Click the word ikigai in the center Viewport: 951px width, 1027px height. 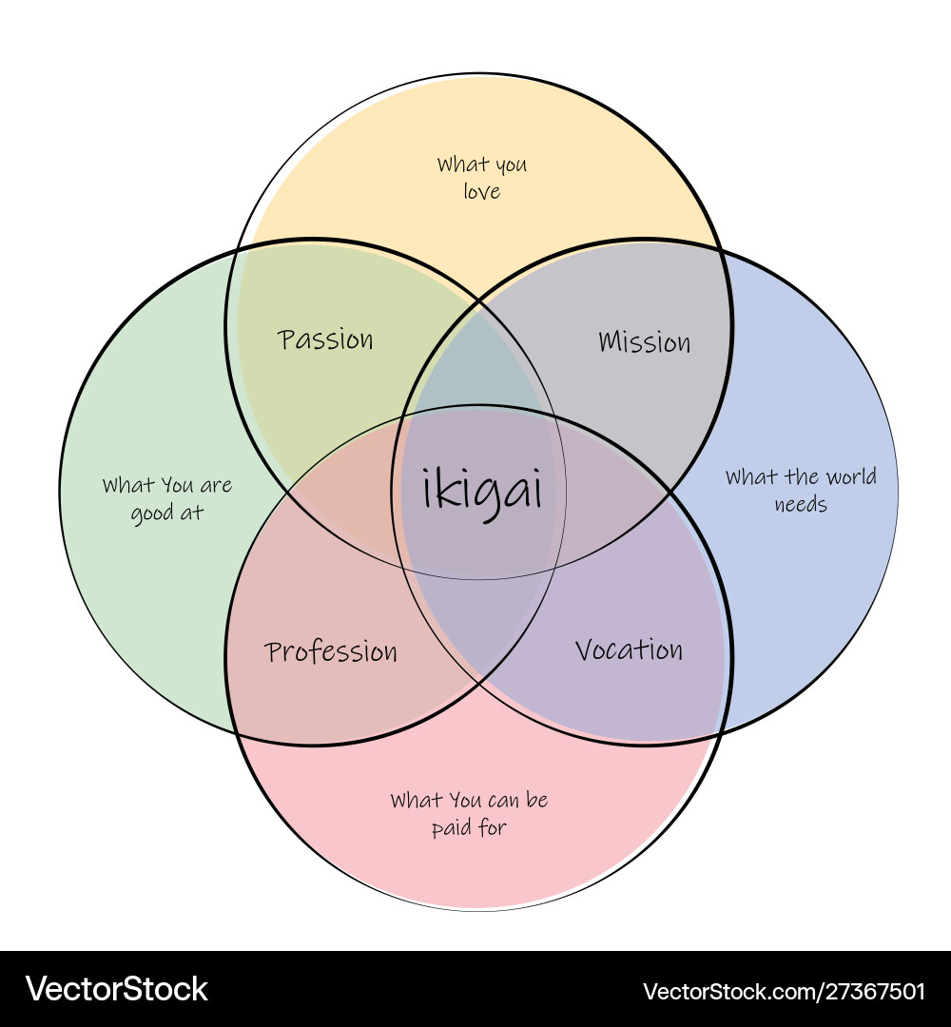click(482, 492)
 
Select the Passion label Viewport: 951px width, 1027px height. click(326, 339)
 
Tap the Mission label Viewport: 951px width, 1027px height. click(645, 341)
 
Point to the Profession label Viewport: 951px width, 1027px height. click(331, 651)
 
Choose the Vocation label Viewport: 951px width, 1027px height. click(629, 650)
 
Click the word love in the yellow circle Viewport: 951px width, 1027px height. click(481, 191)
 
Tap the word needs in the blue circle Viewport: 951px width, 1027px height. click(801, 504)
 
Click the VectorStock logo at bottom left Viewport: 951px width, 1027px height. click(116, 989)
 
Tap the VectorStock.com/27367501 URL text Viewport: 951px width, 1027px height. click(784, 991)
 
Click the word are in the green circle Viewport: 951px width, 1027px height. click(215, 486)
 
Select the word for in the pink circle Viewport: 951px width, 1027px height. click(493, 827)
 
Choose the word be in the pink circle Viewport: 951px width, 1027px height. click(537, 800)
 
